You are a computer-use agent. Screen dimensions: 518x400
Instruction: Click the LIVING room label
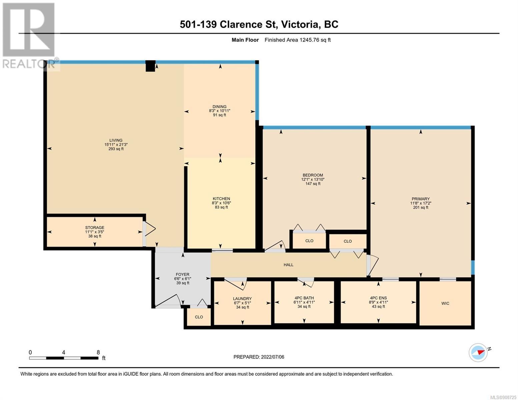click(116, 140)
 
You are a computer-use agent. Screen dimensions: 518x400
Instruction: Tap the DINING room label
click(219, 106)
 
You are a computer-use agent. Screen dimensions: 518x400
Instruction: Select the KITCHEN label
click(221, 199)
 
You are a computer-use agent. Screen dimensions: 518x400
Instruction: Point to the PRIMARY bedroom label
click(421, 199)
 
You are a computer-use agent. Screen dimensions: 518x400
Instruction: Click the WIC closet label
click(445, 303)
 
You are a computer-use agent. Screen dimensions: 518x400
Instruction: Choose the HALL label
click(289, 265)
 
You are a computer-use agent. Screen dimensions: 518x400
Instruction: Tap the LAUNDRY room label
click(242, 299)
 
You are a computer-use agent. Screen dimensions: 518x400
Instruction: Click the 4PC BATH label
click(304, 298)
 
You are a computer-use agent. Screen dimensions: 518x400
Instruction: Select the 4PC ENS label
click(378, 298)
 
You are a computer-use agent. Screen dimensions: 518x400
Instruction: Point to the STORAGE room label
click(95, 228)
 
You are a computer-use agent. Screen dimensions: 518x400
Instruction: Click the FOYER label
click(182, 274)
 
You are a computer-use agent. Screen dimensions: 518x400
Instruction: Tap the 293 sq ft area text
click(116, 149)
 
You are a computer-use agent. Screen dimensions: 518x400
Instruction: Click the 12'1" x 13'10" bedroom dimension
click(313, 179)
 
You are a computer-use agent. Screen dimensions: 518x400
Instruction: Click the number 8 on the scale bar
click(98, 352)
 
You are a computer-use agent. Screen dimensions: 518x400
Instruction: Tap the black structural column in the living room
click(150, 66)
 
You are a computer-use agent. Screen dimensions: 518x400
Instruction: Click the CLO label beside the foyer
click(199, 317)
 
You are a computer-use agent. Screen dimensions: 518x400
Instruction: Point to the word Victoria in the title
click(300, 25)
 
